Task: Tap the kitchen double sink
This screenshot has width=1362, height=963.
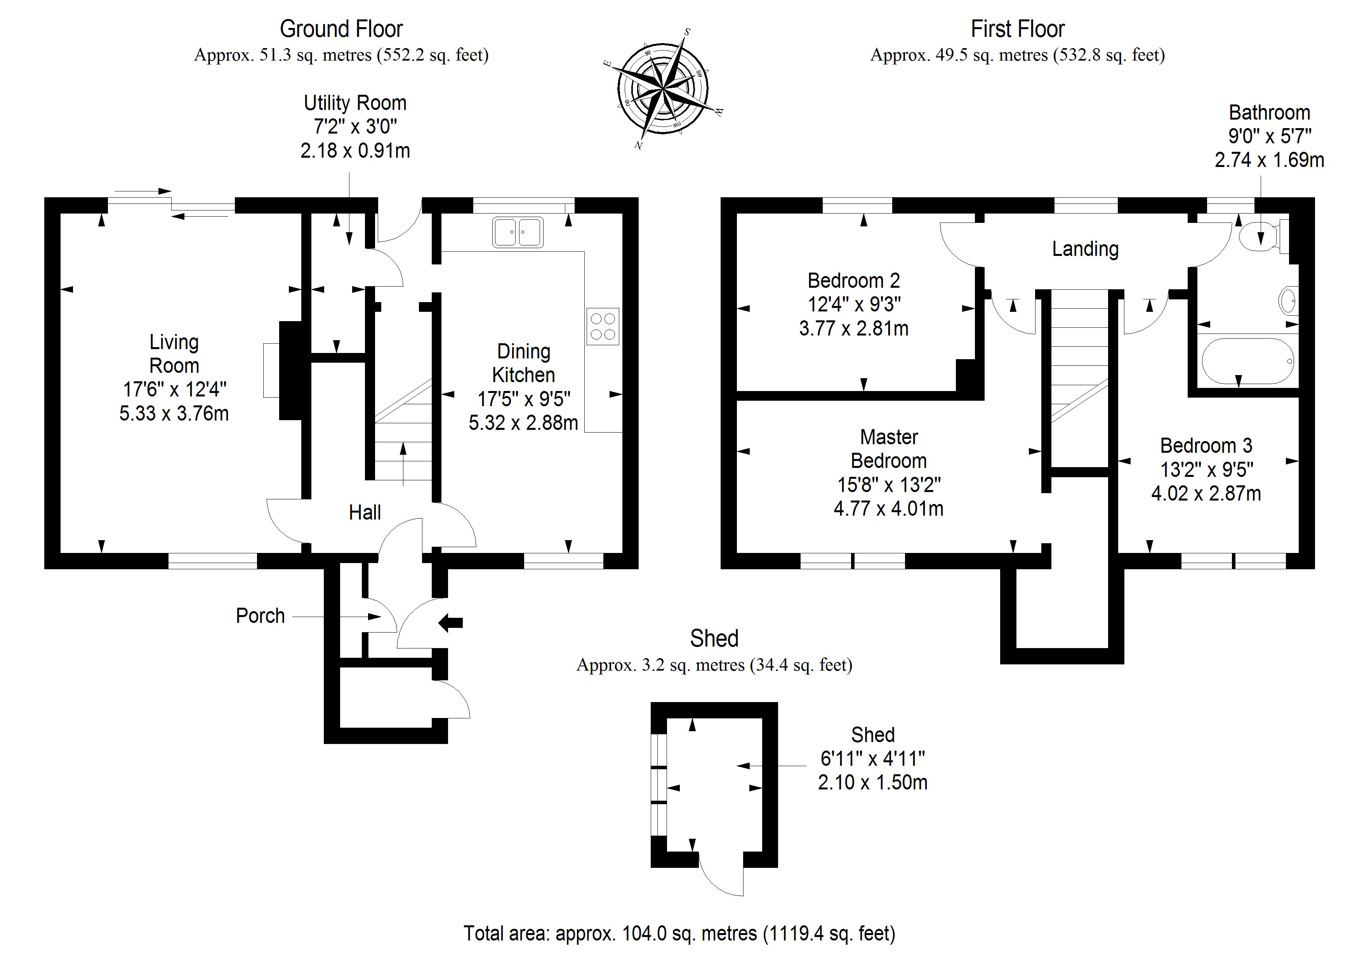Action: coord(517,232)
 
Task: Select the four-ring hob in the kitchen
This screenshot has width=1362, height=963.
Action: coord(603,326)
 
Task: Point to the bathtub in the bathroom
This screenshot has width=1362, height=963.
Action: coord(1247,362)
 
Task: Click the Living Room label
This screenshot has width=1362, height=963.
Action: coord(174,354)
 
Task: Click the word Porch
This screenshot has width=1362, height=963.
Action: coord(261,616)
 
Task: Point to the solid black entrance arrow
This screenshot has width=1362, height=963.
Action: coord(450,623)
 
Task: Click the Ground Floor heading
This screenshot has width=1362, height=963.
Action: coord(341,29)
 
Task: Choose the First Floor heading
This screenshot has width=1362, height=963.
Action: coord(1017,29)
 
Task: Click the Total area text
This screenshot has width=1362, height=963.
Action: coord(679,933)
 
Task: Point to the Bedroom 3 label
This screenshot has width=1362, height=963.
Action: coord(1206,446)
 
